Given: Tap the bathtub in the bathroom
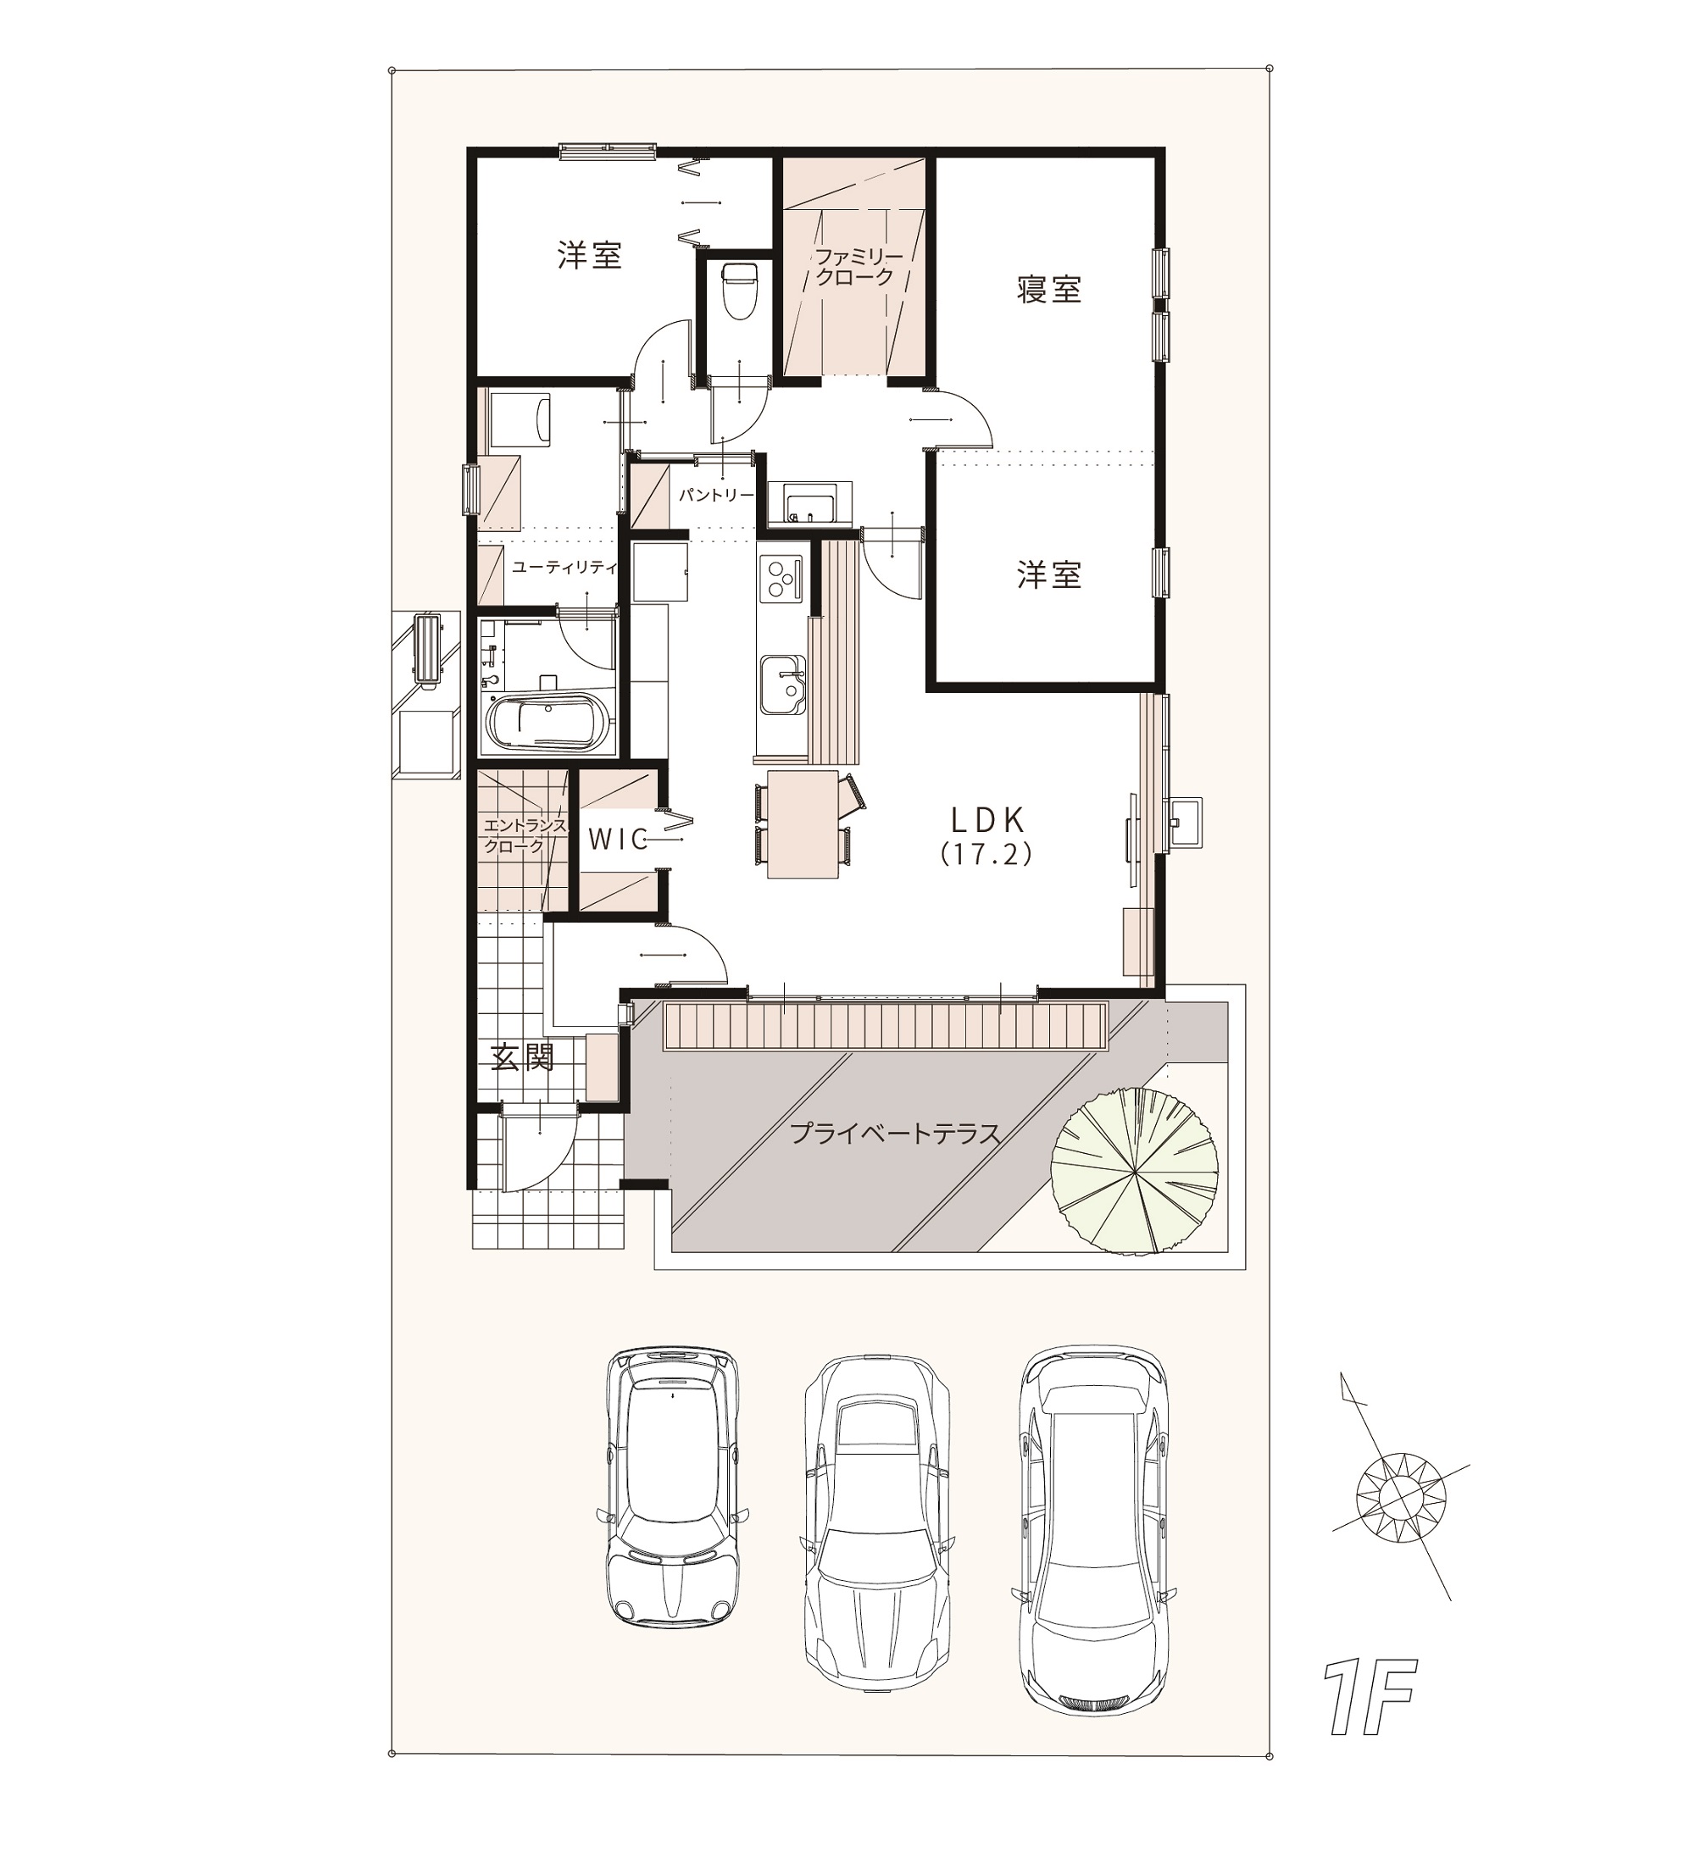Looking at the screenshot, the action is click(x=547, y=721).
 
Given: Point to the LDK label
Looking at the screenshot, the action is click(x=987, y=819).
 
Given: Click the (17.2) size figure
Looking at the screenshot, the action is click(x=986, y=854).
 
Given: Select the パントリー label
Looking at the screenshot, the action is click(x=715, y=496).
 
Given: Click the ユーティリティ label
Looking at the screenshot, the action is click(x=564, y=567).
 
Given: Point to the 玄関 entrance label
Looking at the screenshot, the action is click(x=523, y=1057).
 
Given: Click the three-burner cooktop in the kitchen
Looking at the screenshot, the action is click(x=781, y=578).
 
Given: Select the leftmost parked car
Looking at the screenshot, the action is click(x=672, y=1484).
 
